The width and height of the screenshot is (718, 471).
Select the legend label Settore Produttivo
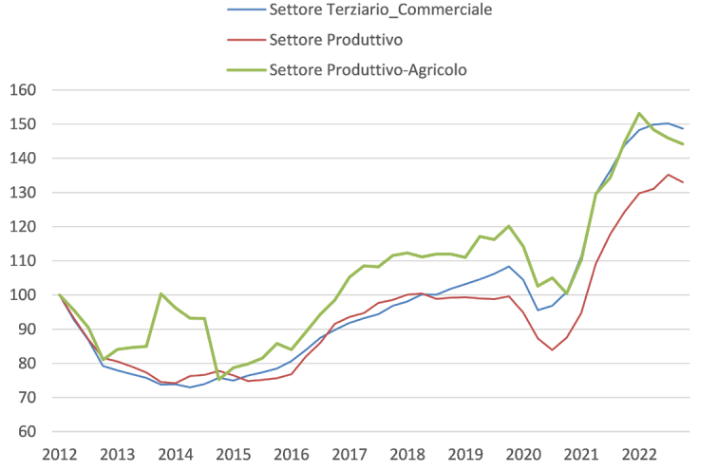pos(336,40)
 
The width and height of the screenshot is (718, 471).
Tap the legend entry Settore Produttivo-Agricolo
pos(368,69)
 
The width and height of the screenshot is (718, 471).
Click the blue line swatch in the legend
pos(244,11)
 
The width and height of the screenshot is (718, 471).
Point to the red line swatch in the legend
pos(244,40)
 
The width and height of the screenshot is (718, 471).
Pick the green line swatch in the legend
pos(244,69)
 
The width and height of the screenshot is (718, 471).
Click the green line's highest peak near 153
pos(639,114)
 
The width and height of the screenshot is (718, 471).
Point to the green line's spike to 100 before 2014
pos(161,294)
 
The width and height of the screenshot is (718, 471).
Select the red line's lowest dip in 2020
pos(552,349)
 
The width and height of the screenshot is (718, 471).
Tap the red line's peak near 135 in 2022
pos(669,175)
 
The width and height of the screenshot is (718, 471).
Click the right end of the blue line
pos(683,128)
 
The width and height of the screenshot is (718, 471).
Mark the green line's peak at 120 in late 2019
pos(509,226)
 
